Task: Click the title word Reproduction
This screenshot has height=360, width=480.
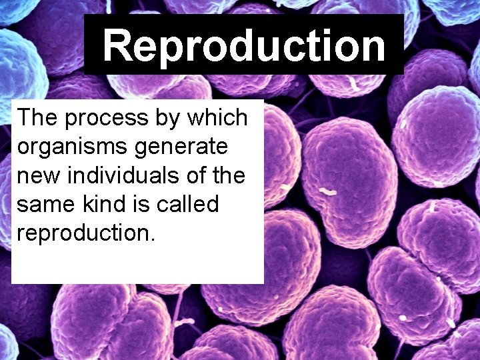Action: [x=244, y=46]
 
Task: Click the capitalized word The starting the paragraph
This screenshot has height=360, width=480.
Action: [x=37, y=118]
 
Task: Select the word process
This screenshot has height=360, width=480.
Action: [x=102, y=119]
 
